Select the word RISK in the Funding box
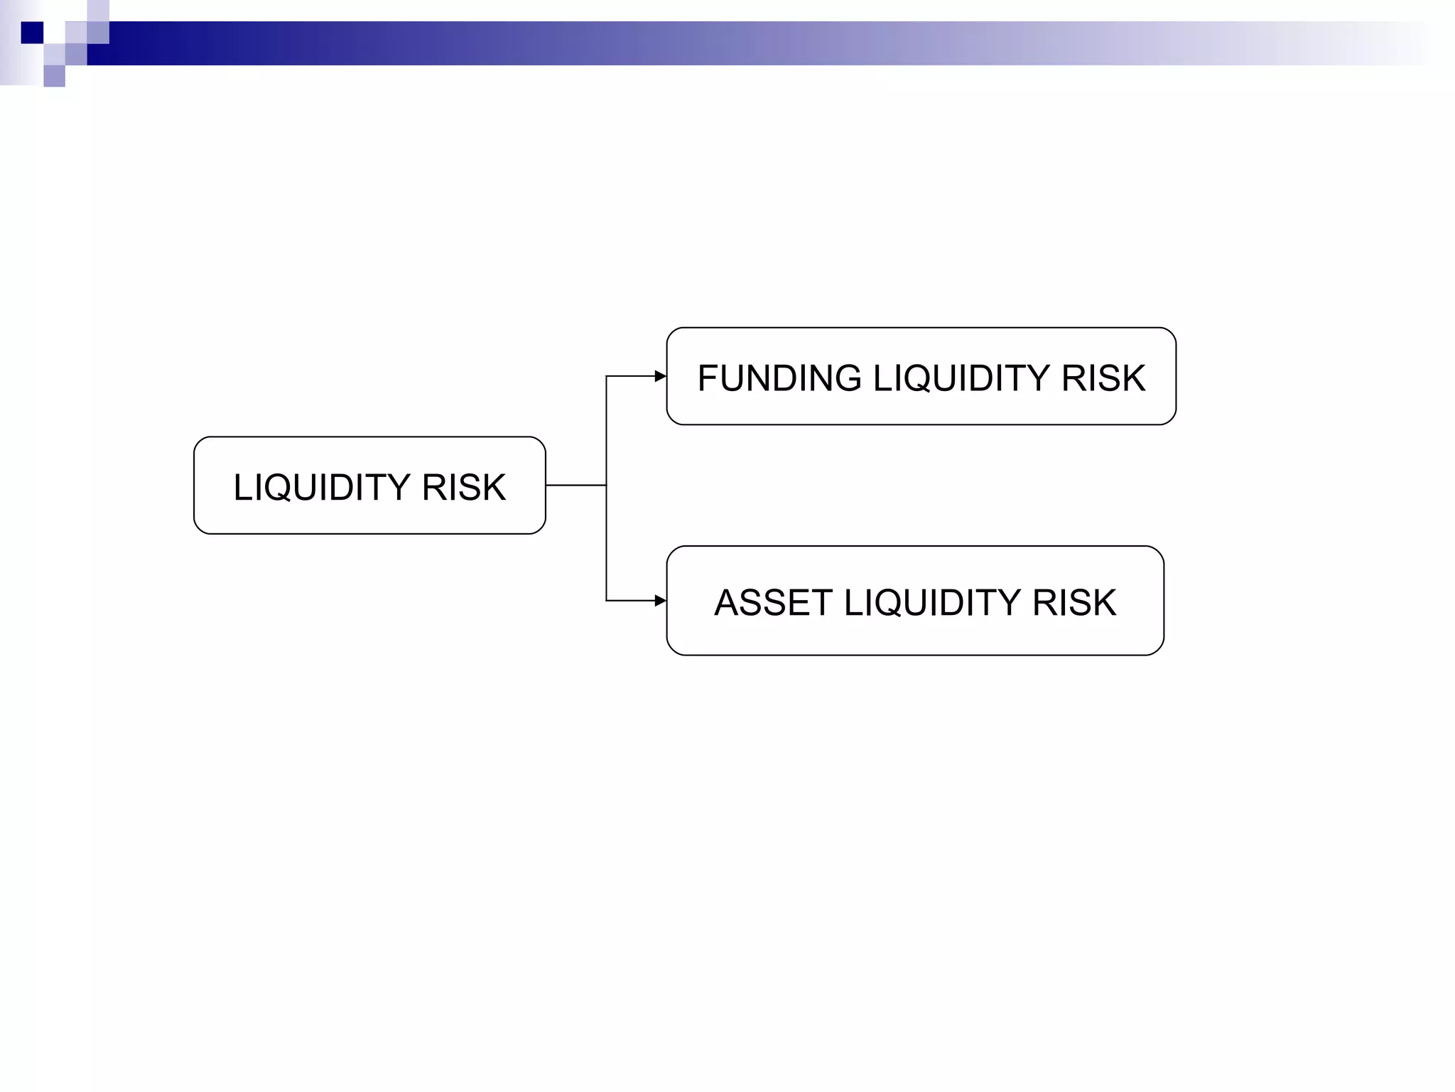coord(1103,378)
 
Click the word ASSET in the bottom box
coord(773,603)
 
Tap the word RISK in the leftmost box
coord(463,488)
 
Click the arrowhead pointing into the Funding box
coord(660,376)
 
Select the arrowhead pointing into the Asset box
coord(660,601)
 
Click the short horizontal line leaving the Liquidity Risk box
coord(575,486)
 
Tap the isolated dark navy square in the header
coord(32,33)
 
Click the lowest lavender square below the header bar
coord(54,76)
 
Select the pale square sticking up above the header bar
coord(98,10)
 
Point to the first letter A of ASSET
coord(727,603)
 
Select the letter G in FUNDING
coord(847,378)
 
